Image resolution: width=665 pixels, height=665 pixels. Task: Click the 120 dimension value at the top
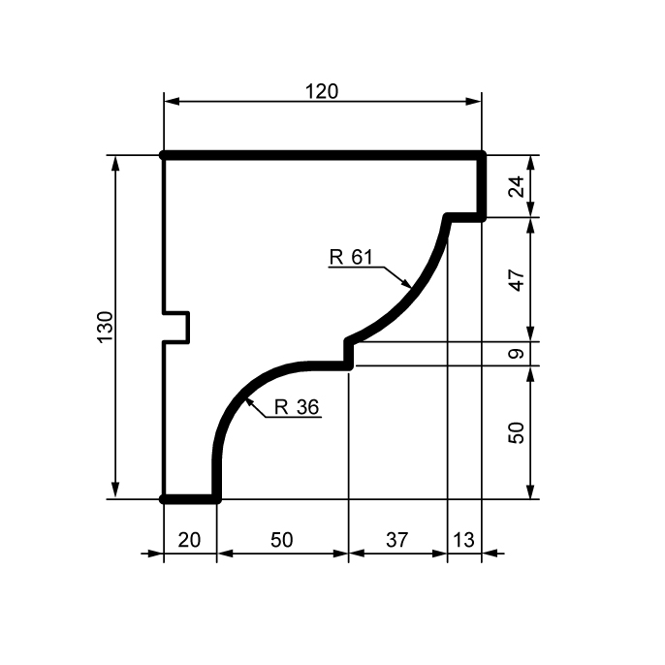click(322, 91)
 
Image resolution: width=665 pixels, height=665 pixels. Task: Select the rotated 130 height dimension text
click(106, 327)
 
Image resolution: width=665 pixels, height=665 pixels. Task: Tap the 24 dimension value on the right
click(516, 186)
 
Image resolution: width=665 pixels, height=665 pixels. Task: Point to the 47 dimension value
click(516, 280)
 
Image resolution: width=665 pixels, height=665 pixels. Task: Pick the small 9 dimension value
click(516, 354)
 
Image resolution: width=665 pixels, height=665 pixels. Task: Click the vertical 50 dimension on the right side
click(516, 432)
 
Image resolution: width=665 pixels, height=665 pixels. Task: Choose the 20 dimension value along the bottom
click(189, 540)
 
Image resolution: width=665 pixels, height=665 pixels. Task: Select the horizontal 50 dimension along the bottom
click(282, 540)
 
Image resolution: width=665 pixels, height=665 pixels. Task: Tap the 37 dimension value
click(397, 540)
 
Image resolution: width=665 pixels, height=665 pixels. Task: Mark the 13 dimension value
click(463, 540)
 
